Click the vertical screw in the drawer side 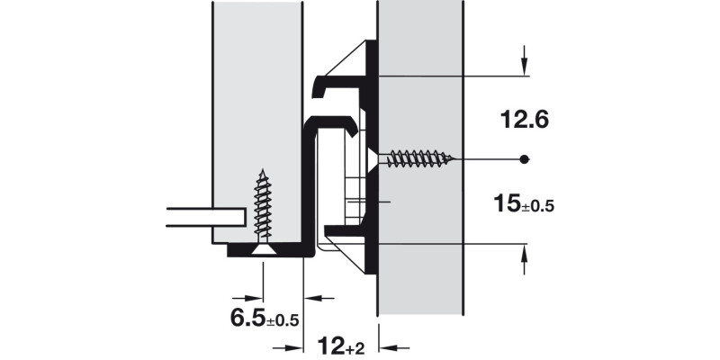pyautogui.click(x=263, y=211)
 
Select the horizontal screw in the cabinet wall pyautogui.click(x=418, y=159)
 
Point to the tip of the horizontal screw pyautogui.click(x=457, y=159)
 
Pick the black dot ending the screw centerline pyautogui.click(x=525, y=159)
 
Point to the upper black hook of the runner pyautogui.click(x=337, y=85)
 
